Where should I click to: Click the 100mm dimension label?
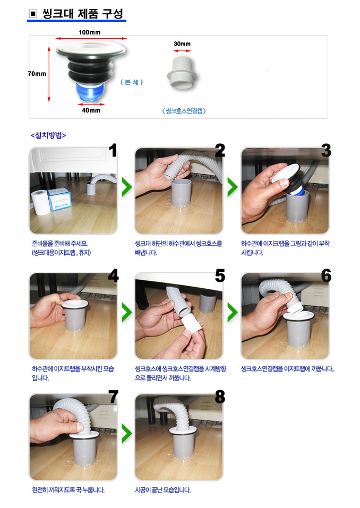(x=89, y=32)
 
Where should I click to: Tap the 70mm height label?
(x=37, y=74)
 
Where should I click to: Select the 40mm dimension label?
(x=91, y=110)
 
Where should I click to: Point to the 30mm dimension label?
(x=182, y=44)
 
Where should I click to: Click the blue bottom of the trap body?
(x=90, y=92)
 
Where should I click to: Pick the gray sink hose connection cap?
(x=182, y=73)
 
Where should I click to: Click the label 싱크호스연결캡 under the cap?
(x=184, y=111)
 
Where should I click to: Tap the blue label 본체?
(x=132, y=82)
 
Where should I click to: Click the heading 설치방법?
(x=48, y=135)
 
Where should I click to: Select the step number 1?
(x=113, y=150)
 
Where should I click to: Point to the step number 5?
(x=220, y=275)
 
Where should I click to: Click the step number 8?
(x=220, y=397)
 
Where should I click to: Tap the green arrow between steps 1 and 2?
(x=127, y=187)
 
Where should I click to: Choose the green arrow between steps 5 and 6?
(x=233, y=312)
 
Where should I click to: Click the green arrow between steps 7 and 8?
(x=127, y=433)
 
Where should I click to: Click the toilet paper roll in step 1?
(x=40, y=202)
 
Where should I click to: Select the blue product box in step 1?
(x=59, y=199)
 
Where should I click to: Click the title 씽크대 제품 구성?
(x=83, y=14)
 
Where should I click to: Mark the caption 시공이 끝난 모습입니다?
(x=162, y=490)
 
